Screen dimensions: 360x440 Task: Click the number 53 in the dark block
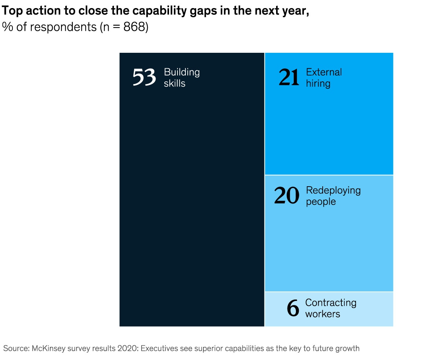[144, 77]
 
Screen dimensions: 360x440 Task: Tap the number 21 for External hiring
[289, 77]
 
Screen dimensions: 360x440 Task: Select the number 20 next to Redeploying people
[287, 196]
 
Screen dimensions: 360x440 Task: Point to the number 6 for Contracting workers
[293, 308]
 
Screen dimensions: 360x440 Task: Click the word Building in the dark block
[182, 72]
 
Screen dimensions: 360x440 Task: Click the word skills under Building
[175, 84]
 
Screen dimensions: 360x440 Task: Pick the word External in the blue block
[324, 72]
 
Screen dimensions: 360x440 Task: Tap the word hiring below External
[318, 84]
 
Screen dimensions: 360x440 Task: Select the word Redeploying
[333, 190]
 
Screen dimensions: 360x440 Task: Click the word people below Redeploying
[321, 202]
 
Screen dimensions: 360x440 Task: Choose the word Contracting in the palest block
[331, 303]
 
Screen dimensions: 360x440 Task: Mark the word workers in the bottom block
[323, 314]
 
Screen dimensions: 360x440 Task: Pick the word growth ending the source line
[348, 348]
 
